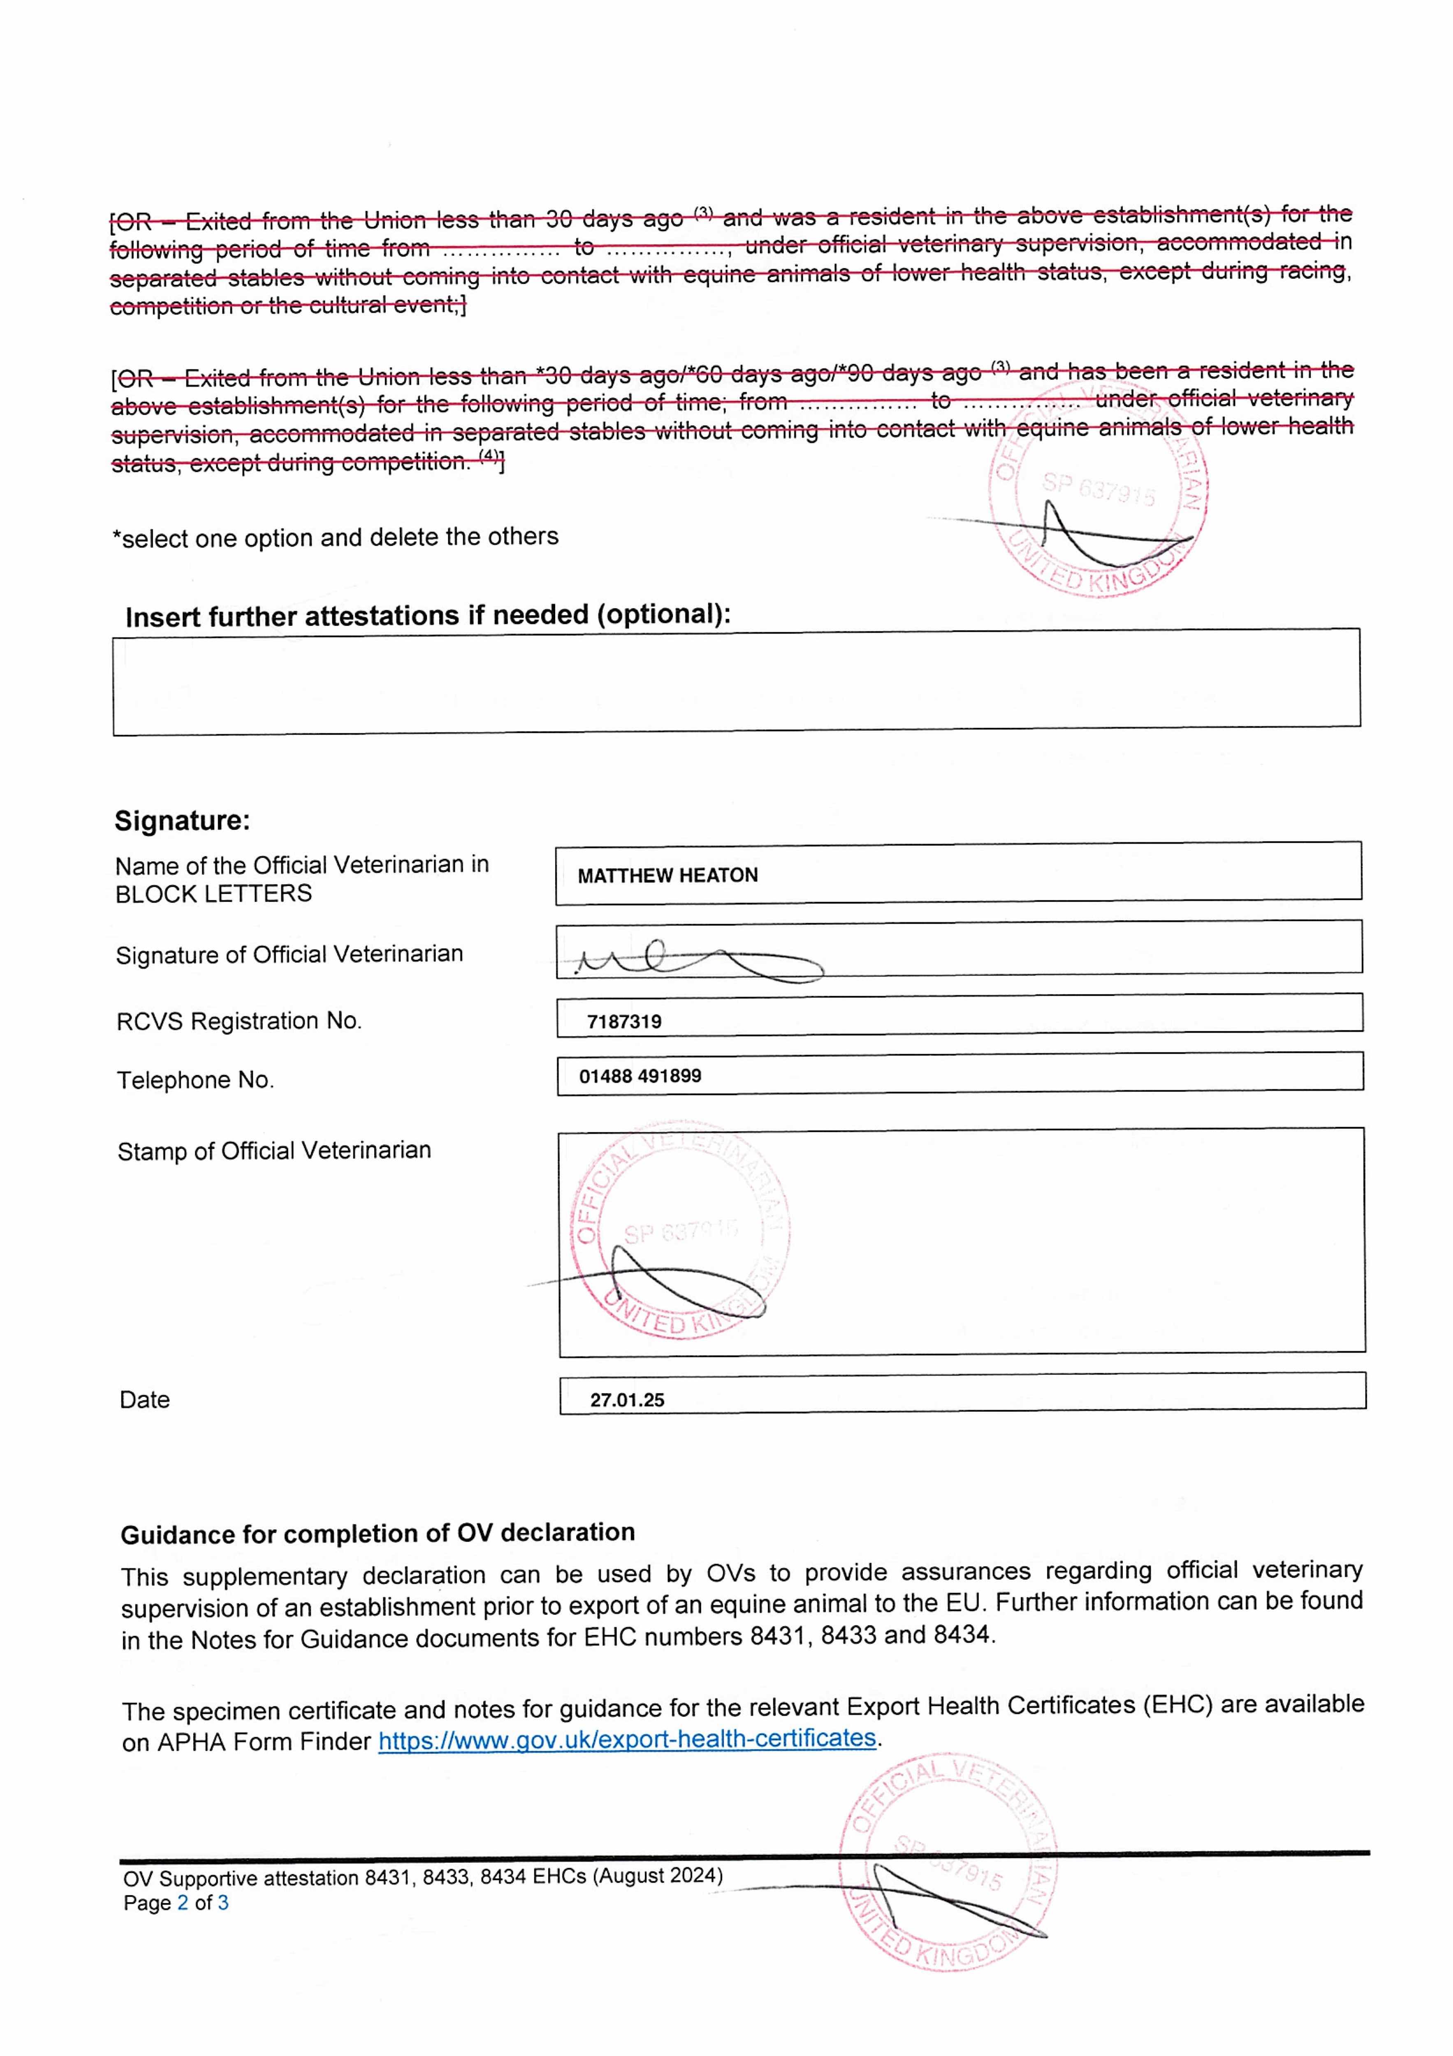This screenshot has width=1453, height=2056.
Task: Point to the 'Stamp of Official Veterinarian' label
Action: coord(274,1151)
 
